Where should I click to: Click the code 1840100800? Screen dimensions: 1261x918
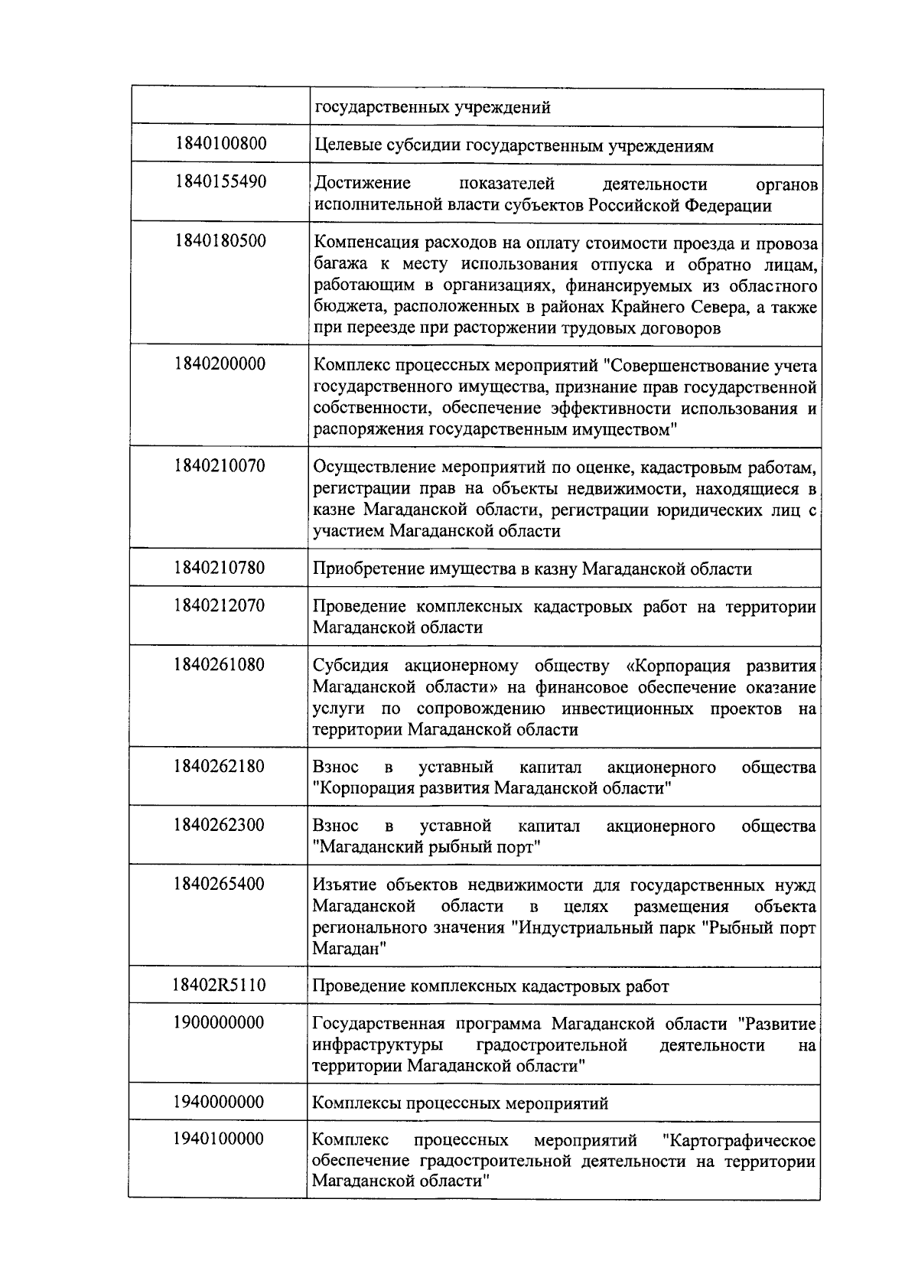(x=220, y=143)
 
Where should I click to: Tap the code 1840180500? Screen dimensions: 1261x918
(x=220, y=241)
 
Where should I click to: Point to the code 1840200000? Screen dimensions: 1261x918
(x=220, y=363)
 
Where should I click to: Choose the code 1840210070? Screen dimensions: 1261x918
(x=220, y=465)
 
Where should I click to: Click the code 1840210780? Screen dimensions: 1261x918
(x=220, y=567)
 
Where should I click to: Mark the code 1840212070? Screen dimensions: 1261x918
(x=220, y=605)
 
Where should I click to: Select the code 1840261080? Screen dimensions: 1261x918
(x=220, y=664)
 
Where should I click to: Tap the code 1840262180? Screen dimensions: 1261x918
(x=220, y=766)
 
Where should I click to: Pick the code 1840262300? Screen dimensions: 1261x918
(x=220, y=825)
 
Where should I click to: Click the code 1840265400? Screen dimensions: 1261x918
(x=220, y=884)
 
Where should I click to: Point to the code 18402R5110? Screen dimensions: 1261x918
(x=220, y=985)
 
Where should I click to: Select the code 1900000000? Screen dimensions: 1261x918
(x=220, y=1022)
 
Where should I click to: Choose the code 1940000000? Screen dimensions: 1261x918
(x=220, y=1102)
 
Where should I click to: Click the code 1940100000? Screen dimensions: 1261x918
(x=220, y=1139)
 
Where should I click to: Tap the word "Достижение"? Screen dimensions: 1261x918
(x=362, y=184)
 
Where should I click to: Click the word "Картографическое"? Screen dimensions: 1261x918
(x=741, y=1141)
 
